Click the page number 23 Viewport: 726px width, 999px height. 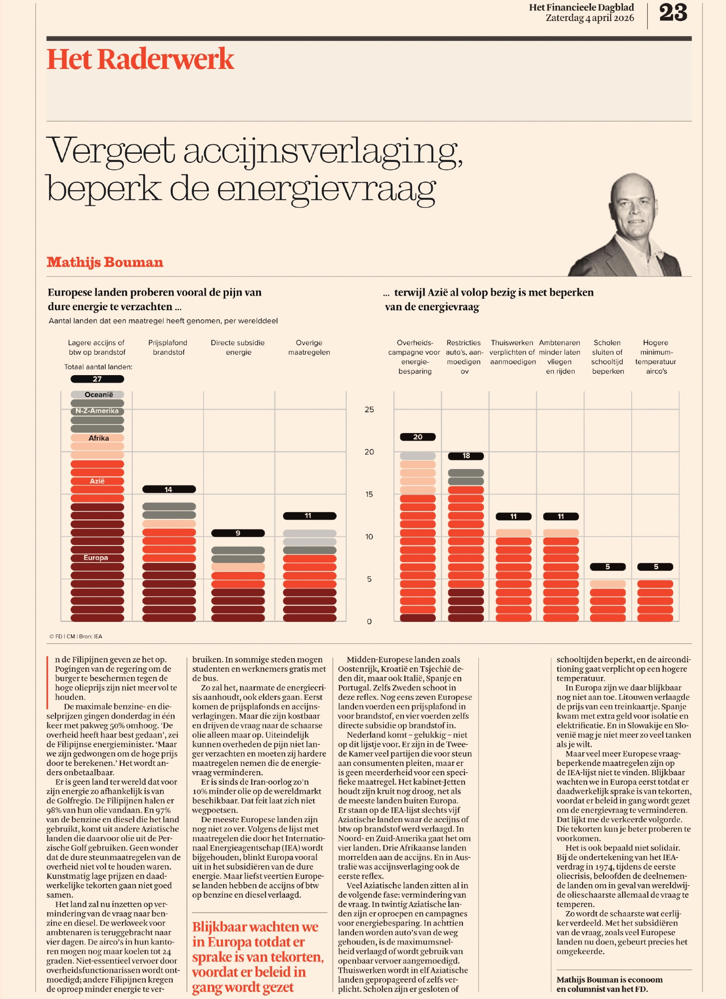tap(673, 12)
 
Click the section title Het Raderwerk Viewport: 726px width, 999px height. tap(140, 59)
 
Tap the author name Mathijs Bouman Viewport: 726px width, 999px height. tap(105, 262)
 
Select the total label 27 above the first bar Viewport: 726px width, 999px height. tap(97, 379)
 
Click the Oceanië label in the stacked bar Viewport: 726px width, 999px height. tap(99, 395)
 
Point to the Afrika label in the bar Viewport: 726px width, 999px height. tap(99, 438)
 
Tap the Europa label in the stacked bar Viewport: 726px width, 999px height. tap(96, 557)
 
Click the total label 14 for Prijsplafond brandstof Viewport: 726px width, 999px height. tap(169, 490)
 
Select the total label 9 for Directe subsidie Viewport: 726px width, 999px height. tap(238, 533)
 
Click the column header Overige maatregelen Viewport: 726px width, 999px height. tap(309, 347)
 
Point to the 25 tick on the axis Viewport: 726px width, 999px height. tap(369, 410)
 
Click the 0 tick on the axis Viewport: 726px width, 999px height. tap(369, 622)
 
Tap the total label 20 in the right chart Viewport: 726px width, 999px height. tap(418, 437)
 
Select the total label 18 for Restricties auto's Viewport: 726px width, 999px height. tap(466, 456)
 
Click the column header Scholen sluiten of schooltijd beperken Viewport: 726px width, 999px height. tap(608, 357)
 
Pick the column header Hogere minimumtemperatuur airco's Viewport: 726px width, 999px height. tap(656, 357)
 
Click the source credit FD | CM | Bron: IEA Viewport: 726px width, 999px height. tap(76, 636)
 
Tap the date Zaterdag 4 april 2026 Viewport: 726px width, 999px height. tap(590, 18)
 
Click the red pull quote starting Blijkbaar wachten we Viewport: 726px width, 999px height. tap(258, 957)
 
